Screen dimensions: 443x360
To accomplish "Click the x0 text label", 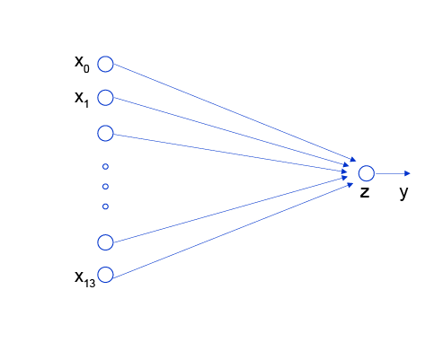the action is (x=82, y=65).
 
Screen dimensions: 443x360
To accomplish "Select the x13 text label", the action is (x=85, y=279).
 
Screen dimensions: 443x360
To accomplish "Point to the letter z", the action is (x=365, y=192).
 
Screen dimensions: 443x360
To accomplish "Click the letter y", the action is (x=403, y=193).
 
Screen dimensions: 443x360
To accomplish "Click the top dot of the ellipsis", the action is (x=105, y=167).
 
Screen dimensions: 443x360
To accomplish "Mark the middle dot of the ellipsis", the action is (x=105, y=187).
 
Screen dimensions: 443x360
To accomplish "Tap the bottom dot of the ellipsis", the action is (x=105, y=206).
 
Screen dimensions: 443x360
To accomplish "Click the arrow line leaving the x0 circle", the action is (x=235, y=112).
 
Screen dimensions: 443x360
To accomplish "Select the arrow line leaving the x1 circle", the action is (x=231, y=132).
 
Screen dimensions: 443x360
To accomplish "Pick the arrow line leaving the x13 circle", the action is (x=234, y=231).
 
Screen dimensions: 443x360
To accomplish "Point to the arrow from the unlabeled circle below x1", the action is (x=230, y=154).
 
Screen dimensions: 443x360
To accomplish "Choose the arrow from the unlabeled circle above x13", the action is (x=231, y=209).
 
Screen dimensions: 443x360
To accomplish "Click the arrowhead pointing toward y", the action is (x=407, y=173).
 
